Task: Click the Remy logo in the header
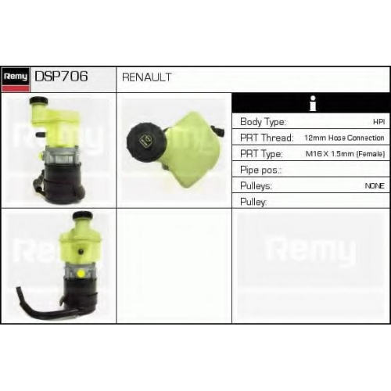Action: (16, 79)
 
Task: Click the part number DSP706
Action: (61, 77)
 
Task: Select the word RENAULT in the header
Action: (147, 77)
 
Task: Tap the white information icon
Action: (313, 103)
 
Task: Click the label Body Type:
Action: (263, 122)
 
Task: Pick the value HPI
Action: (379, 122)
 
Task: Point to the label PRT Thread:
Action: (267, 138)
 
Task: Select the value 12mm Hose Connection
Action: (344, 138)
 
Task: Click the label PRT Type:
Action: (261, 153)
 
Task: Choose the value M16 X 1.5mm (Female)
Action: (345, 154)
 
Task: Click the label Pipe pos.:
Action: (260, 170)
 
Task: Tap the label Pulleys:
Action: (256, 186)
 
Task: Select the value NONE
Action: (375, 186)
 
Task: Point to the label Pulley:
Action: (253, 202)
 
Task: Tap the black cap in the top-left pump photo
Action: (38, 100)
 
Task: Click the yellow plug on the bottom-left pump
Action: (81, 274)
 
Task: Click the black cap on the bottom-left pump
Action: (82, 216)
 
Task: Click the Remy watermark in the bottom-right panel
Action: (311, 250)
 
